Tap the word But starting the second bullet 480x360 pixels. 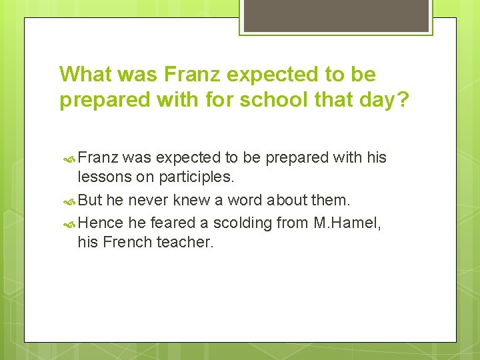[91, 201]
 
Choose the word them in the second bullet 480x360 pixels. [330, 201]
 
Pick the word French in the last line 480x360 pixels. [127, 242]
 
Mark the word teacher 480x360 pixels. [185, 242]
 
